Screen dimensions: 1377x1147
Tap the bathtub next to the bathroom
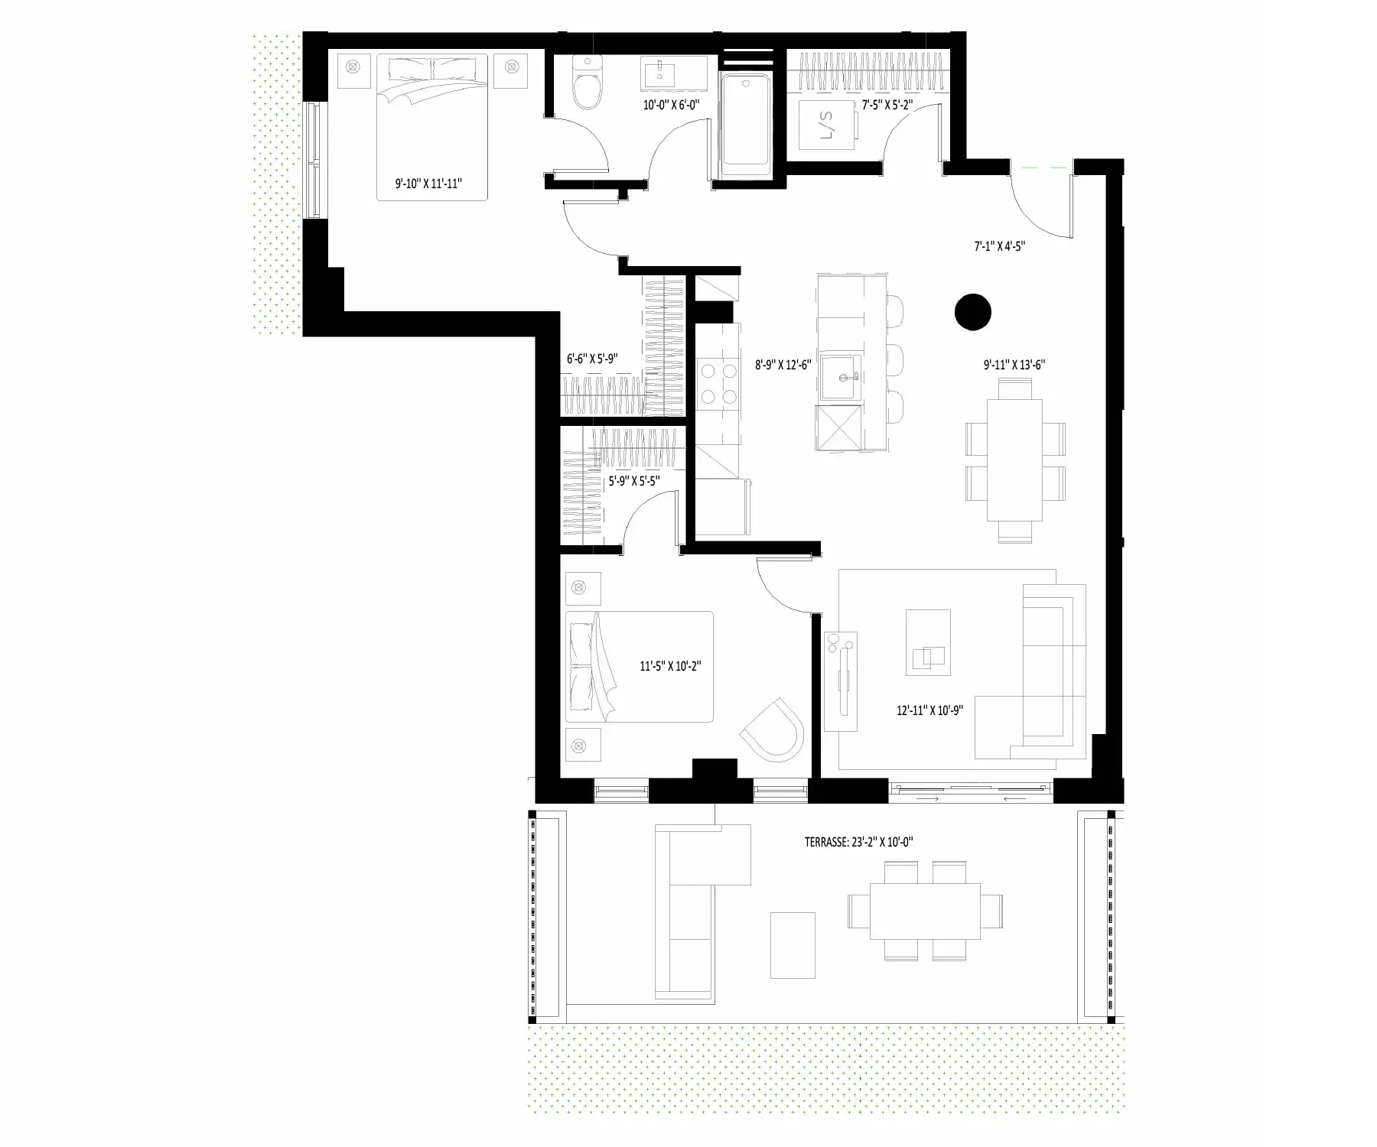click(x=747, y=121)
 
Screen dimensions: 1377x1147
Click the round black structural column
click(x=973, y=312)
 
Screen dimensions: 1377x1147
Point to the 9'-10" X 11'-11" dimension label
click(x=429, y=184)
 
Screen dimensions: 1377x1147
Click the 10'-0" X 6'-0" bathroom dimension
click(x=672, y=105)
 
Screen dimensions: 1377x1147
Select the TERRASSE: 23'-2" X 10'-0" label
click(x=859, y=843)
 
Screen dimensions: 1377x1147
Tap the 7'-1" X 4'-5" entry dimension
click(x=999, y=246)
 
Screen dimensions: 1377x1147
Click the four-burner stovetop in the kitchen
click(x=718, y=385)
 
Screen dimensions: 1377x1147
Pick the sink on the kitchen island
click(x=841, y=379)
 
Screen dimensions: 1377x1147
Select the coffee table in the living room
click(x=929, y=642)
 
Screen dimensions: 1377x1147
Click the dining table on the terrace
click(x=926, y=911)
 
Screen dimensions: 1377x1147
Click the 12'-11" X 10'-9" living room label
click(x=929, y=710)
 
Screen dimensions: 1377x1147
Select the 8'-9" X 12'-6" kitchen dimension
click(x=783, y=366)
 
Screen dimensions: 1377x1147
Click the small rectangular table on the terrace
click(x=793, y=945)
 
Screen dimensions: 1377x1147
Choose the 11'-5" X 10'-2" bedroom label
click(x=671, y=666)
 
